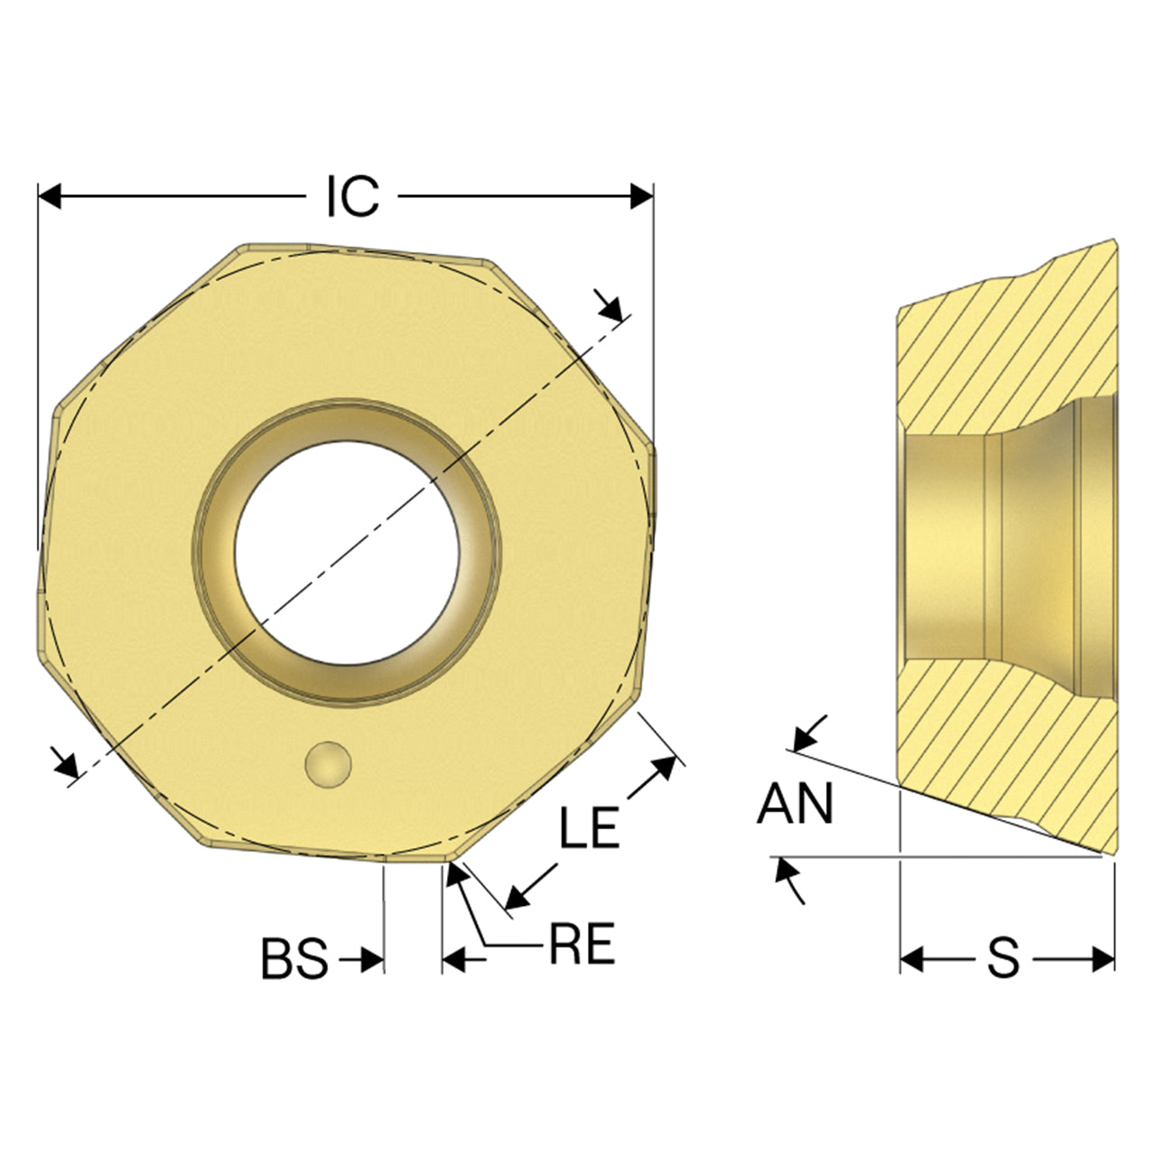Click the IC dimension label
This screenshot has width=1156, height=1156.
coord(353,196)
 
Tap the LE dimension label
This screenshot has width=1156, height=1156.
coord(589,827)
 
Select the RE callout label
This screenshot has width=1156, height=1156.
coord(582,944)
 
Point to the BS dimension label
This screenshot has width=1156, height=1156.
coord(295,958)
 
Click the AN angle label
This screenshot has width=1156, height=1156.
coord(795,803)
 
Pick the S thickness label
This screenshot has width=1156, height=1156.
coord(1003,957)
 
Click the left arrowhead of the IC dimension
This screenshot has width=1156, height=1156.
coord(49,196)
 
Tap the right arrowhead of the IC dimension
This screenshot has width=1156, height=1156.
coord(642,196)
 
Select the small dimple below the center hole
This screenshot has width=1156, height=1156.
coord(328,764)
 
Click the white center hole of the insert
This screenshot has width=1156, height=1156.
coord(347,553)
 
